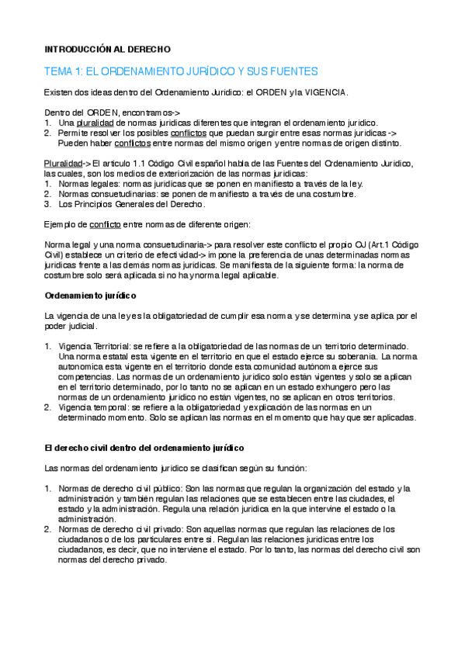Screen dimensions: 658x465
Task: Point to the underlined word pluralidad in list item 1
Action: point(95,123)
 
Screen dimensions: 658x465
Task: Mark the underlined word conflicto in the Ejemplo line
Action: point(105,225)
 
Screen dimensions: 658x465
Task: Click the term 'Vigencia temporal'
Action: point(95,407)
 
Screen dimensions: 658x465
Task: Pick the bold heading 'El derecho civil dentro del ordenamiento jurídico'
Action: point(144,448)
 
